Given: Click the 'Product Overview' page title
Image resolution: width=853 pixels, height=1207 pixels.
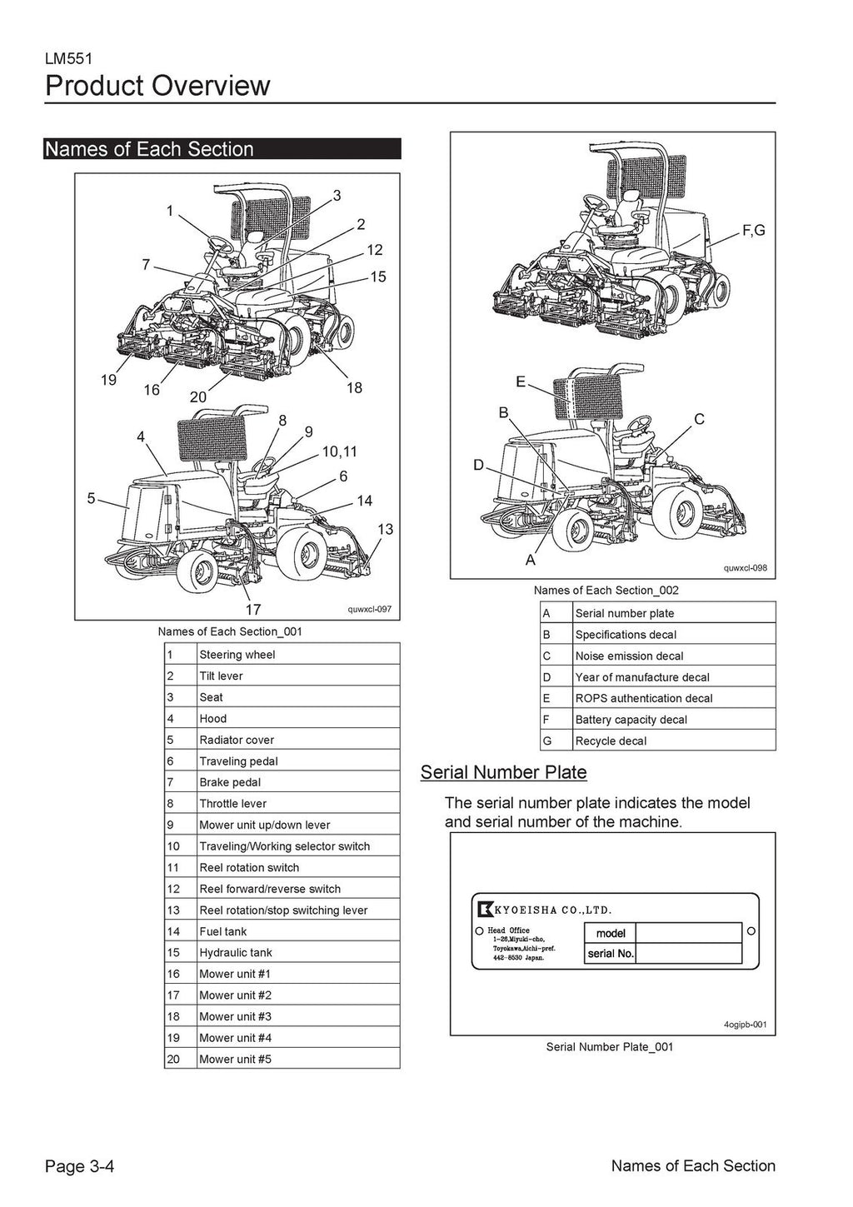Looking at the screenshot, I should pos(157,86).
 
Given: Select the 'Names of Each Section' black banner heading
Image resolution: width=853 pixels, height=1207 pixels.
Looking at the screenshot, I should pos(150,149).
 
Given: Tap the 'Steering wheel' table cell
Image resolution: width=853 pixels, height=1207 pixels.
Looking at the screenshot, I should pos(237,655).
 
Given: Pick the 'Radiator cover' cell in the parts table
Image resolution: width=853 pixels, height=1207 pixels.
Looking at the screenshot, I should pos(237,740).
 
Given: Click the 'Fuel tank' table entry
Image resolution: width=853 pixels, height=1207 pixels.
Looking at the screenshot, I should pos(223,931).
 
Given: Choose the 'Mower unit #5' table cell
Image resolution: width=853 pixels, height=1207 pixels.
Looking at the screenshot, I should pos(236,1060).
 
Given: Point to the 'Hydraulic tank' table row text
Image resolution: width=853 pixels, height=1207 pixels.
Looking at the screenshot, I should pos(236,952).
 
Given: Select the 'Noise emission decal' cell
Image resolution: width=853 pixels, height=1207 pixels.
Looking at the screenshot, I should pos(629,656).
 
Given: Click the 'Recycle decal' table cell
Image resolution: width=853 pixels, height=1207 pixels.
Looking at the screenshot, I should pos(611,741).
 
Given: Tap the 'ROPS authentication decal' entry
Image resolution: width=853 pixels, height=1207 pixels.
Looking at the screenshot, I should pos(644,698).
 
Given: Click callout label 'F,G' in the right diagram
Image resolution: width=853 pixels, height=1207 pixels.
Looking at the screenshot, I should pos(753,231).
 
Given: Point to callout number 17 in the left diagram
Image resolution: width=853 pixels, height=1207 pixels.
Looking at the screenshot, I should pos(253,609).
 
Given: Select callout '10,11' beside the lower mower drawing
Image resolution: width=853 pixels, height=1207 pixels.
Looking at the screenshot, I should pos(339,451).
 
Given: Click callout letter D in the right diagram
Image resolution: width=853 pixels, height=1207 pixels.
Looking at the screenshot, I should pos(478,465).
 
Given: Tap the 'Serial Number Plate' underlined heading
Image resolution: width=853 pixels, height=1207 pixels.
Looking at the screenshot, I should pos(503,772).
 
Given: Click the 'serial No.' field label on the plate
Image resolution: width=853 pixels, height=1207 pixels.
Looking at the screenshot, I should pos(611,954).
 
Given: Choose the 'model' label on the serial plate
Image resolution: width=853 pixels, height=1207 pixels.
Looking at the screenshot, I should pos(611,933).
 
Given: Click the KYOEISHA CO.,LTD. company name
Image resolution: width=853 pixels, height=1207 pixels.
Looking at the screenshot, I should pos(556,910).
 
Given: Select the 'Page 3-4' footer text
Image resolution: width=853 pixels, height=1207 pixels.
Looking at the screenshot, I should pos(79,1166).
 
